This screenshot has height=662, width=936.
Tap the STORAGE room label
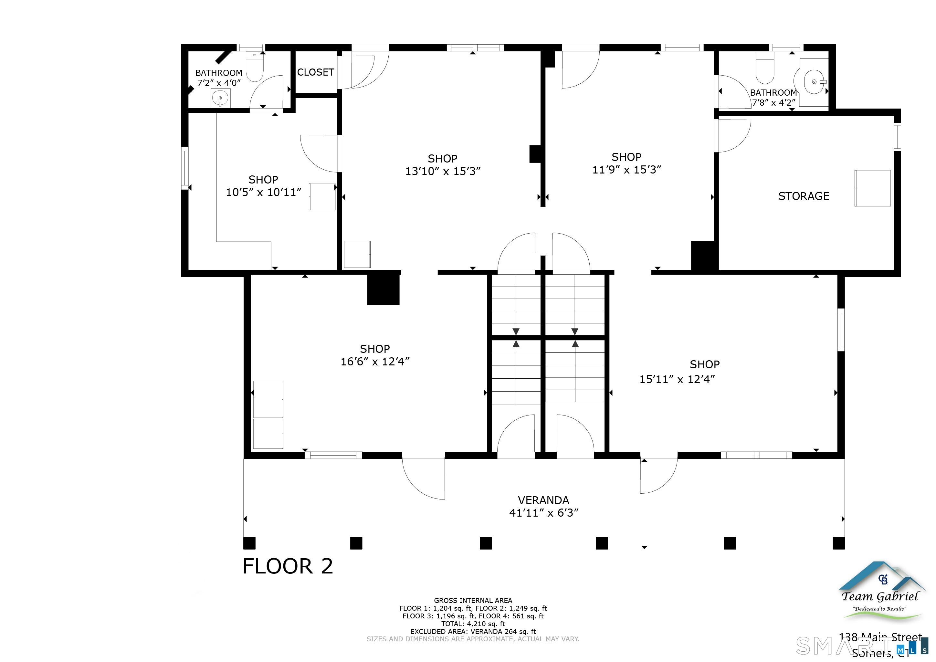[x=804, y=196]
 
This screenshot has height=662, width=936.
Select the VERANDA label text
[x=543, y=500]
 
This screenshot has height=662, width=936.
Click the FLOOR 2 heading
[x=288, y=566]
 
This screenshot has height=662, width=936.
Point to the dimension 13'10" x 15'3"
[x=443, y=171]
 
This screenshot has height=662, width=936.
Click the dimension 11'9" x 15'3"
[x=626, y=170]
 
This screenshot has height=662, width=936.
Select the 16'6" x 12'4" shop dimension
[x=375, y=362]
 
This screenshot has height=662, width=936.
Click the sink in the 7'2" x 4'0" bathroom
[x=220, y=98]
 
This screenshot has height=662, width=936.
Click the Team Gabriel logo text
[x=880, y=597]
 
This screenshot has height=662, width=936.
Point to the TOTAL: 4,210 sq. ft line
[x=473, y=624]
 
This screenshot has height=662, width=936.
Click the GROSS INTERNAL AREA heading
[x=473, y=600]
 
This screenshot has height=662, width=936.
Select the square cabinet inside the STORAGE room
[x=872, y=188]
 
